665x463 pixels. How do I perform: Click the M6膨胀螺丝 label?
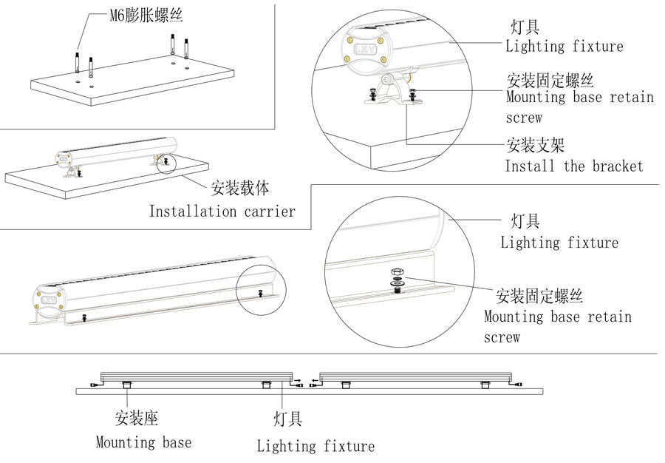141,16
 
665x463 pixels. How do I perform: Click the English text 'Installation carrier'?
222,212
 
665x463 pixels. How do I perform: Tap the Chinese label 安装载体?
240,189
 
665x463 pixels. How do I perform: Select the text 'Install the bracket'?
573,166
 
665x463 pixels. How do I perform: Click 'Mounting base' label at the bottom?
143,442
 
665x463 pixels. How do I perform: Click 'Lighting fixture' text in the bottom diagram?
316,446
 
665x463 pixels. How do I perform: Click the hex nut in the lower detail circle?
397,274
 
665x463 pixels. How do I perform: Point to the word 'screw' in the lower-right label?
502,337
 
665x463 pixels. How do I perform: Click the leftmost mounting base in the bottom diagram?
125,384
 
